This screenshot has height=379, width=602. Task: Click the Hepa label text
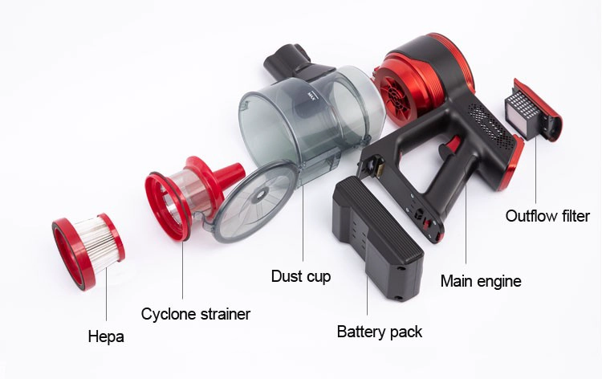click(106, 336)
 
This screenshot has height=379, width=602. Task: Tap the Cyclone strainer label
click(195, 314)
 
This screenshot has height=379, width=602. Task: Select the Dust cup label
click(301, 276)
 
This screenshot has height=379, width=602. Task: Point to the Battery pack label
click(380, 332)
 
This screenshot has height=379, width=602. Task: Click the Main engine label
click(481, 281)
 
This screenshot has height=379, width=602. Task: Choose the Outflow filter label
click(547, 216)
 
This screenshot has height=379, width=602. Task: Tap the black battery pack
click(378, 238)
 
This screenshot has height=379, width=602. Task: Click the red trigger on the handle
click(452, 147)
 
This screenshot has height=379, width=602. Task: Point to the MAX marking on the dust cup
click(312, 96)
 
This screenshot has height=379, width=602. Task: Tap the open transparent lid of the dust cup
click(255, 202)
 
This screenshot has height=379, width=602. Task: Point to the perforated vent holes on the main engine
click(490, 124)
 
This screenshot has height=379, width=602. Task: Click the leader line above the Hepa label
click(106, 294)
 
